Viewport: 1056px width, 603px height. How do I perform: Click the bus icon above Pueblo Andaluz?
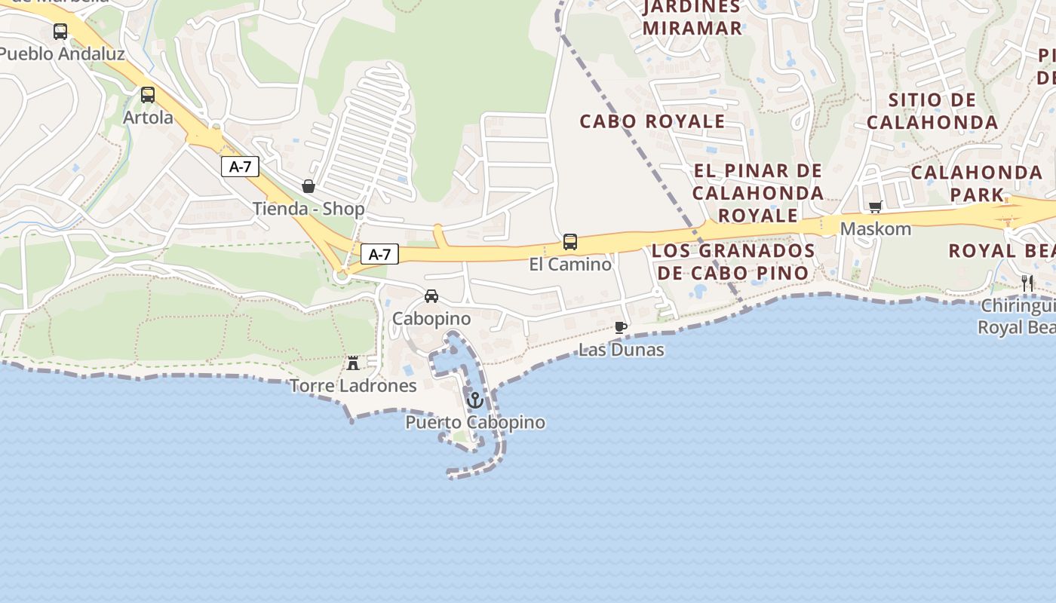(60, 32)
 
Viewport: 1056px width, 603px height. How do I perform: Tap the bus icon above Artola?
(148, 95)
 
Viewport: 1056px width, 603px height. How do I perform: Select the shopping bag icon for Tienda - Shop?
(309, 185)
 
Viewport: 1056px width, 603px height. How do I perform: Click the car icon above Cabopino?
(431, 296)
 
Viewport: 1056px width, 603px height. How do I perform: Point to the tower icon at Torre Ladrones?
(353, 363)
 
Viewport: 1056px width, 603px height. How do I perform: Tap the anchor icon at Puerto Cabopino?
(474, 400)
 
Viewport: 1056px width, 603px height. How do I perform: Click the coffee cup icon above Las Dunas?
(621, 327)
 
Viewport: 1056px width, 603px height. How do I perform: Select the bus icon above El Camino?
(570, 242)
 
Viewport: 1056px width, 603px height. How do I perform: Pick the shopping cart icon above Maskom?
(876, 206)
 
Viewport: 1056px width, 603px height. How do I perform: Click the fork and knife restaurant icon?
(1027, 283)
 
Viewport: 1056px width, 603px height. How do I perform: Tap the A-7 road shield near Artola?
(240, 167)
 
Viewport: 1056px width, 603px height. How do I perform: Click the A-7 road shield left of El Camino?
(379, 254)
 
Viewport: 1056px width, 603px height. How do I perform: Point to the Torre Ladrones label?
(353, 386)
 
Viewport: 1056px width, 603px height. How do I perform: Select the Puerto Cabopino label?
(475, 422)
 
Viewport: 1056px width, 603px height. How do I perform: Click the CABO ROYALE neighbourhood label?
(652, 121)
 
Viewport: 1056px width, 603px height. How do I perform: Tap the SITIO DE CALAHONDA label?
(932, 111)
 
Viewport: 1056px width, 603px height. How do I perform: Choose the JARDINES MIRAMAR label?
(692, 17)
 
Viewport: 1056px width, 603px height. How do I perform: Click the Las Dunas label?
(622, 350)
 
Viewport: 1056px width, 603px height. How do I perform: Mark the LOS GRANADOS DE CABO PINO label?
(733, 262)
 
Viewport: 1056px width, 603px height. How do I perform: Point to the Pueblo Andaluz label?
(62, 54)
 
